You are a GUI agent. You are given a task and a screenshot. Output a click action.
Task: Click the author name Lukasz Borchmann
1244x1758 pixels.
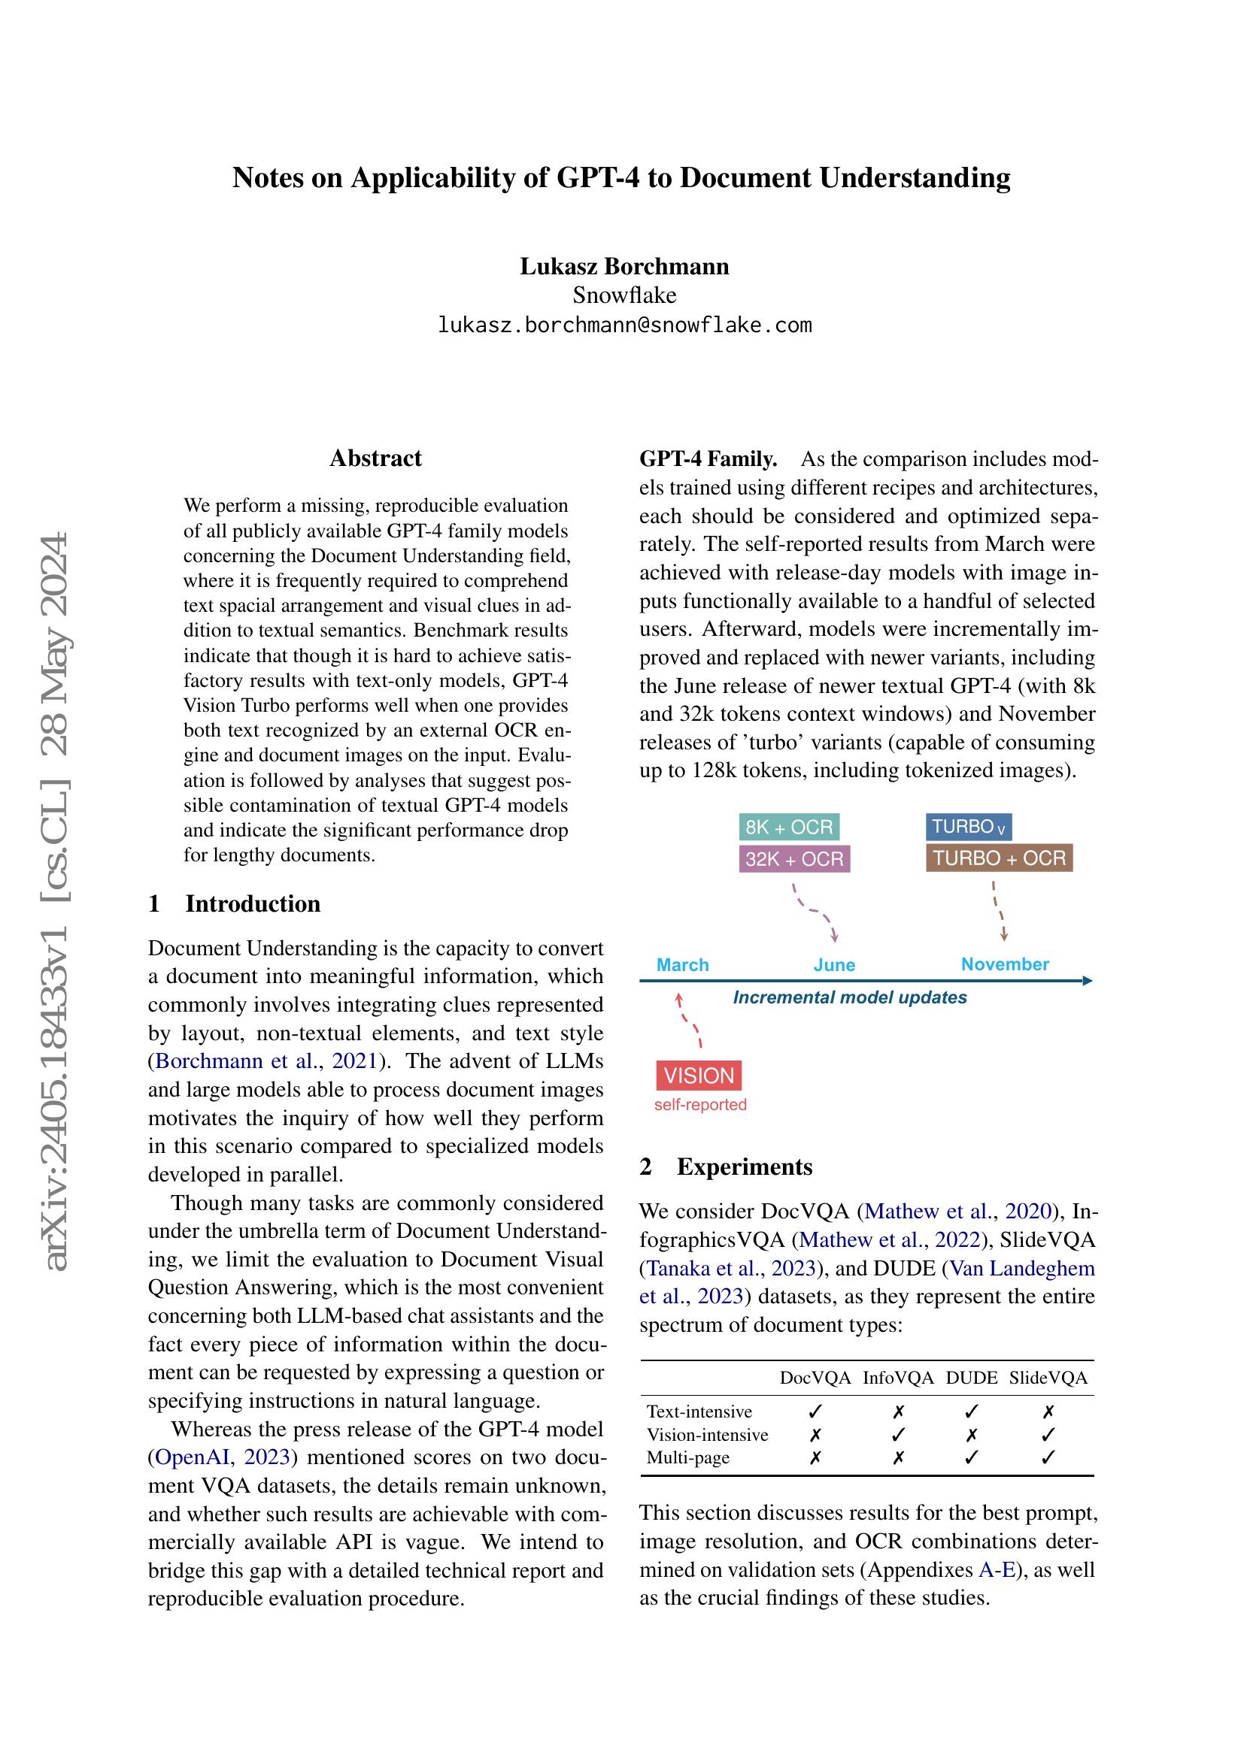click(x=624, y=267)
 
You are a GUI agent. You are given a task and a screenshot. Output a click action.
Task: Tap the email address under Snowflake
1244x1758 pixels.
click(x=624, y=325)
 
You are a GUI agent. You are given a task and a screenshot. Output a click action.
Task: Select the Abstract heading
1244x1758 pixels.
click(x=375, y=458)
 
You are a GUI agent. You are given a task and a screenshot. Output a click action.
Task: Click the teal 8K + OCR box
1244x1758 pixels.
click(x=789, y=827)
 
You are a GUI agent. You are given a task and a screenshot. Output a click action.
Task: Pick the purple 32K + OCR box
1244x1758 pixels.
click(x=794, y=859)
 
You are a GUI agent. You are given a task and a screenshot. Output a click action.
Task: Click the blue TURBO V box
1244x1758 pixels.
click(x=968, y=827)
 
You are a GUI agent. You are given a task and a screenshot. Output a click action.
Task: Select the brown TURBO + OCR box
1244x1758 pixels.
click(x=999, y=858)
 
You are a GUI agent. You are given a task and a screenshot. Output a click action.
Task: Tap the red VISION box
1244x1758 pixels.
click(x=699, y=1076)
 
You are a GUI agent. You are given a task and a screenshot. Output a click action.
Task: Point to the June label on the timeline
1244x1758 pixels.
click(x=834, y=965)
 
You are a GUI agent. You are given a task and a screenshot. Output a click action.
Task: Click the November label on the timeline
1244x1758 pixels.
click(x=1005, y=964)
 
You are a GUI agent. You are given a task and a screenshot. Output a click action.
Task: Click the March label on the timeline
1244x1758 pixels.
click(x=682, y=965)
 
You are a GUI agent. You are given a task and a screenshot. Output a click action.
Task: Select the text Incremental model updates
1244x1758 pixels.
click(x=849, y=997)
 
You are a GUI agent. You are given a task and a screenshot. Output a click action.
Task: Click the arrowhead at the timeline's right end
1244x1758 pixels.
click(x=1087, y=981)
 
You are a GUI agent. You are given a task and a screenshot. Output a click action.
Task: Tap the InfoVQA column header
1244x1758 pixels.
click(x=898, y=1378)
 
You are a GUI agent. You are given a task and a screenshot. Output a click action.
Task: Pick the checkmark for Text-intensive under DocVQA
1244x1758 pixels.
click(x=815, y=1412)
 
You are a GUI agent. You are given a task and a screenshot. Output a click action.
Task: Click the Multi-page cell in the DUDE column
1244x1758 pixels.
click(x=971, y=1457)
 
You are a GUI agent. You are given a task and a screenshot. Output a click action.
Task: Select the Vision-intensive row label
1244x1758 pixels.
click(x=707, y=1435)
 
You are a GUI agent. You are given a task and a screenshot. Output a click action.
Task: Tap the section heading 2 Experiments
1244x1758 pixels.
click(x=725, y=1167)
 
